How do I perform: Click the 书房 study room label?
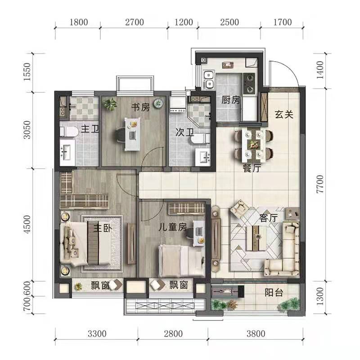140,107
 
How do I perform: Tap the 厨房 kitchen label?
230,99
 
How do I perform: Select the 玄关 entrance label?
284,114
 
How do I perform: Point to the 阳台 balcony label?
274,292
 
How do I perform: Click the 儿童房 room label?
173,227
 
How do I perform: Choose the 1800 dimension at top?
79,22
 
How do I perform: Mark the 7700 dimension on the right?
320,184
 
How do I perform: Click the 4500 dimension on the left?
27,224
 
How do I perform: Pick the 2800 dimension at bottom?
173,333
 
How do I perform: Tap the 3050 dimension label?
27,130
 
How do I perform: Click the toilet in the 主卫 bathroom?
69,131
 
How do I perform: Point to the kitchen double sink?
209,80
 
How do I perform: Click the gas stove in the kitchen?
249,84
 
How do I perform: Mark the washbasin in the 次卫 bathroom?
202,157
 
